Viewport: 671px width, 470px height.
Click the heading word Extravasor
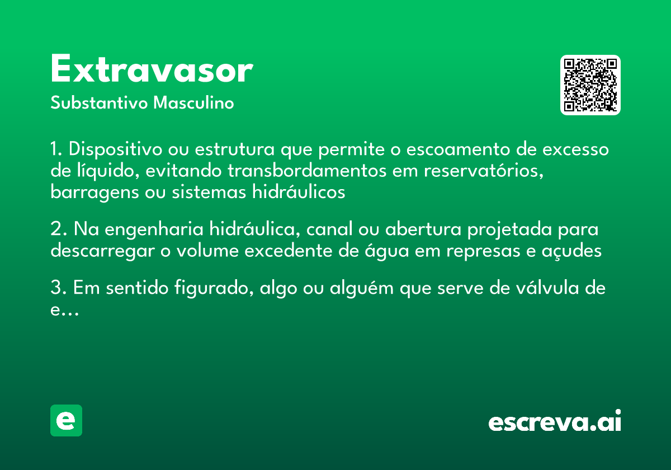coord(152,70)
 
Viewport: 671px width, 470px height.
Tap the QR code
coord(590,85)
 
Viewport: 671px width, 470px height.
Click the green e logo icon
coord(66,420)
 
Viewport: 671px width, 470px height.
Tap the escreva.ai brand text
coord(555,421)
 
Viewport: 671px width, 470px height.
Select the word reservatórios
coord(484,171)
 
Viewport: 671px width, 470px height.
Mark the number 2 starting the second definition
coord(55,229)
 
